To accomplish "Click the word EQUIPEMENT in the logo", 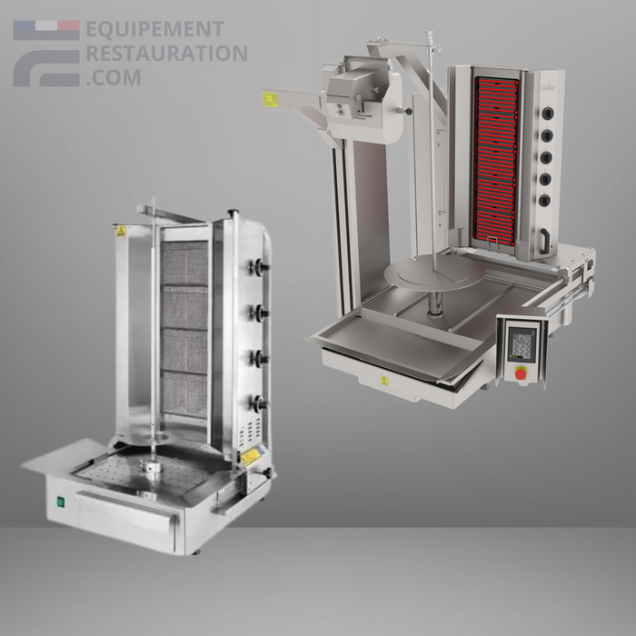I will [154, 31].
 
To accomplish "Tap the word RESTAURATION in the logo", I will [165, 54].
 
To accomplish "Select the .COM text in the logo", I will [114, 77].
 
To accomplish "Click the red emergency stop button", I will [521, 373].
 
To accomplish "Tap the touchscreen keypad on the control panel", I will [522, 344].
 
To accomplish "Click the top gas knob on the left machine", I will [261, 266].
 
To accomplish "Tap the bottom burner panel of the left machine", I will [184, 394].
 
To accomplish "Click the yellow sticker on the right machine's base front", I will [384, 381].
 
